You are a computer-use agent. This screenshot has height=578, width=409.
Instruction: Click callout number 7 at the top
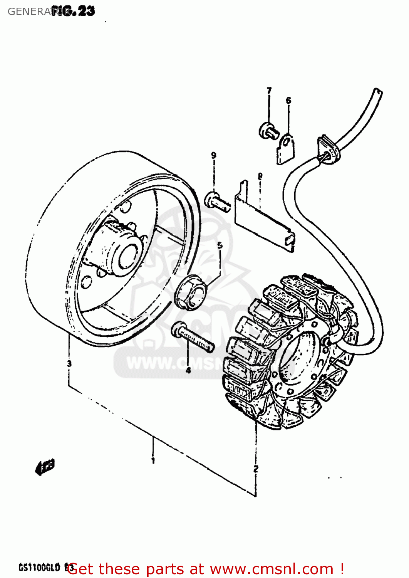click(x=269, y=90)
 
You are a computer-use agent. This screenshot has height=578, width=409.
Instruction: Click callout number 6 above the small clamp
click(x=288, y=101)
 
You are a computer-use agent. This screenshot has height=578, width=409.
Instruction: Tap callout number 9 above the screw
click(x=214, y=155)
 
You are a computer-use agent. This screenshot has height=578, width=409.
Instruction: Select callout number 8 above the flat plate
click(x=260, y=176)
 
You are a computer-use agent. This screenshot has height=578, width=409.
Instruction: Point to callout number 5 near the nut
click(x=220, y=245)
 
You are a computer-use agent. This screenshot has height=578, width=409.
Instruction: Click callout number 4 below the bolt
click(x=188, y=370)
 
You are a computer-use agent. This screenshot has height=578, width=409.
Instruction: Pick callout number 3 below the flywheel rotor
click(x=69, y=363)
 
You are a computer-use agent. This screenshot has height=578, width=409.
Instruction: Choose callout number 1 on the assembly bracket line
click(x=153, y=460)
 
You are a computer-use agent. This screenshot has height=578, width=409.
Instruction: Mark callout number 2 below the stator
click(x=256, y=469)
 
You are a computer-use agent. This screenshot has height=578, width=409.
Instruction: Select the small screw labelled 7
click(x=268, y=130)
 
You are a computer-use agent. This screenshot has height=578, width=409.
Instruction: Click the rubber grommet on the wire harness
click(x=328, y=151)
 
